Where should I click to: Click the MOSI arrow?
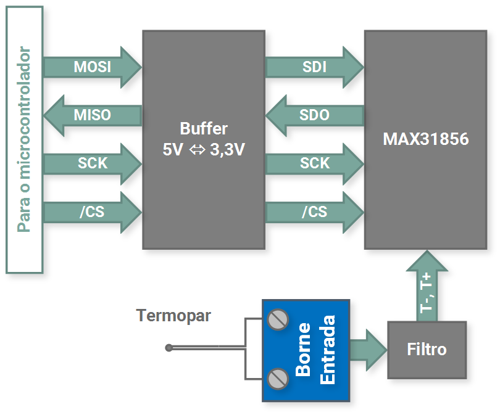pyautogui.click(x=93, y=67)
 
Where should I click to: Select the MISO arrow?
pyautogui.click(x=93, y=115)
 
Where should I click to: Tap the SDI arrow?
pyautogui.click(x=315, y=67)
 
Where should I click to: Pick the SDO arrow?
pyautogui.click(x=314, y=115)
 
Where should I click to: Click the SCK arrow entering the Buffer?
pyautogui.click(x=93, y=163)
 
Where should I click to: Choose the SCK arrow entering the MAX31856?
pyautogui.click(x=315, y=163)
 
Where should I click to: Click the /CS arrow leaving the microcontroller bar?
pyautogui.click(x=93, y=212)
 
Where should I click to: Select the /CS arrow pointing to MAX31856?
pyautogui.click(x=315, y=212)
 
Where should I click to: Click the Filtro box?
pyautogui.click(x=427, y=350)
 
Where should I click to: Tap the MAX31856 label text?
pyautogui.click(x=425, y=139)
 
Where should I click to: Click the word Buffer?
pyautogui.click(x=204, y=129)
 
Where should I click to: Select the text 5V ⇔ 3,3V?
pyautogui.click(x=204, y=149)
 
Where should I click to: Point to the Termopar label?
pyautogui.click(x=173, y=316)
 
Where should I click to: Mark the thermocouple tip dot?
pyautogui.click(x=169, y=348)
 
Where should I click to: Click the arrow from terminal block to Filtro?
pyautogui.click(x=369, y=350)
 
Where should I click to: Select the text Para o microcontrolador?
pyautogui.click(x=24, y=139)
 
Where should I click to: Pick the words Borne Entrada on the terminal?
pyautogui.click(x=315, y=349)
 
